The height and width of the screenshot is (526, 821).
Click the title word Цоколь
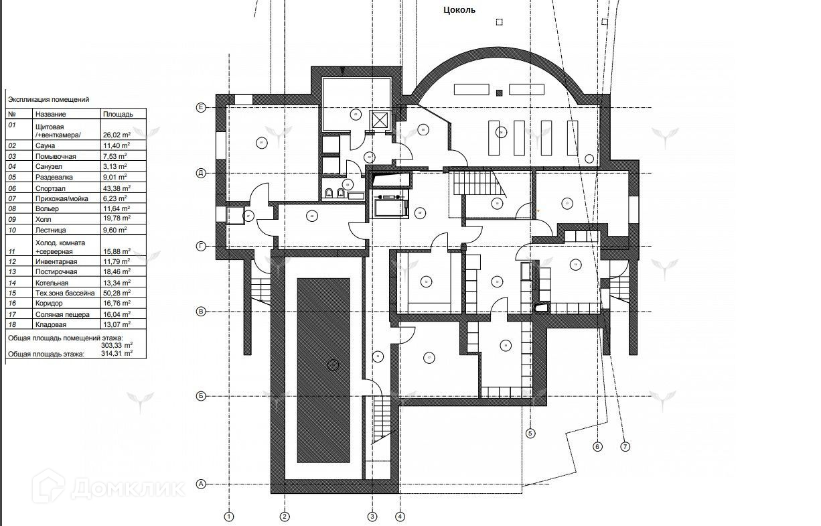[459, 10]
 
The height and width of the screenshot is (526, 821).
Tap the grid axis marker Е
[200, 108]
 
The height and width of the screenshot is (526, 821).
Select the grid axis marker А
[200, 483]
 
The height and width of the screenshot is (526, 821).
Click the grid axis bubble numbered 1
[229, 517]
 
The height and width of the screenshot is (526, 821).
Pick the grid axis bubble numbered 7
[625, 446]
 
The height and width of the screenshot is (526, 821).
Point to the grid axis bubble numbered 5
[531, 433]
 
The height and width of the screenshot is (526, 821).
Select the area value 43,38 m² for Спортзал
[117, 188]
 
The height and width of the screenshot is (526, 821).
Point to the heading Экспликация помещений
[48, 99]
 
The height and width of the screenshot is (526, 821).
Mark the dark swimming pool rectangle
[323, 370]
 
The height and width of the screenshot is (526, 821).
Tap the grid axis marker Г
[200, 247]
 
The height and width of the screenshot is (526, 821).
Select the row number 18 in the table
[12, 324]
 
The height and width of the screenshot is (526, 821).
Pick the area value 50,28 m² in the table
[117, 293]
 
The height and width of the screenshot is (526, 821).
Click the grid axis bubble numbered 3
[372, 517]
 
